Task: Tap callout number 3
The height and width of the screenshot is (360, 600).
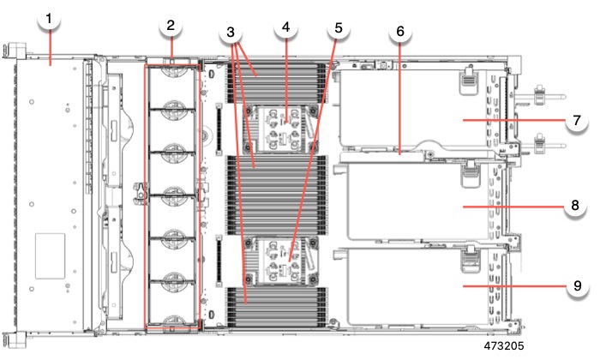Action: click(x=229, y=33)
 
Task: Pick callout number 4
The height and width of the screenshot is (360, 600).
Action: click(x=286, y=27)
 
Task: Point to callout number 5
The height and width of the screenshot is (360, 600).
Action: click(x=338, y=27)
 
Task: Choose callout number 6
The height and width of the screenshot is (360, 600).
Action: click(x=399, y=32)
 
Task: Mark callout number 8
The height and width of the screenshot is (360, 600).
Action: click(x=576, y=206)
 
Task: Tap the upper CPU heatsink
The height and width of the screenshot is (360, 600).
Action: click(x=283, y=129)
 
